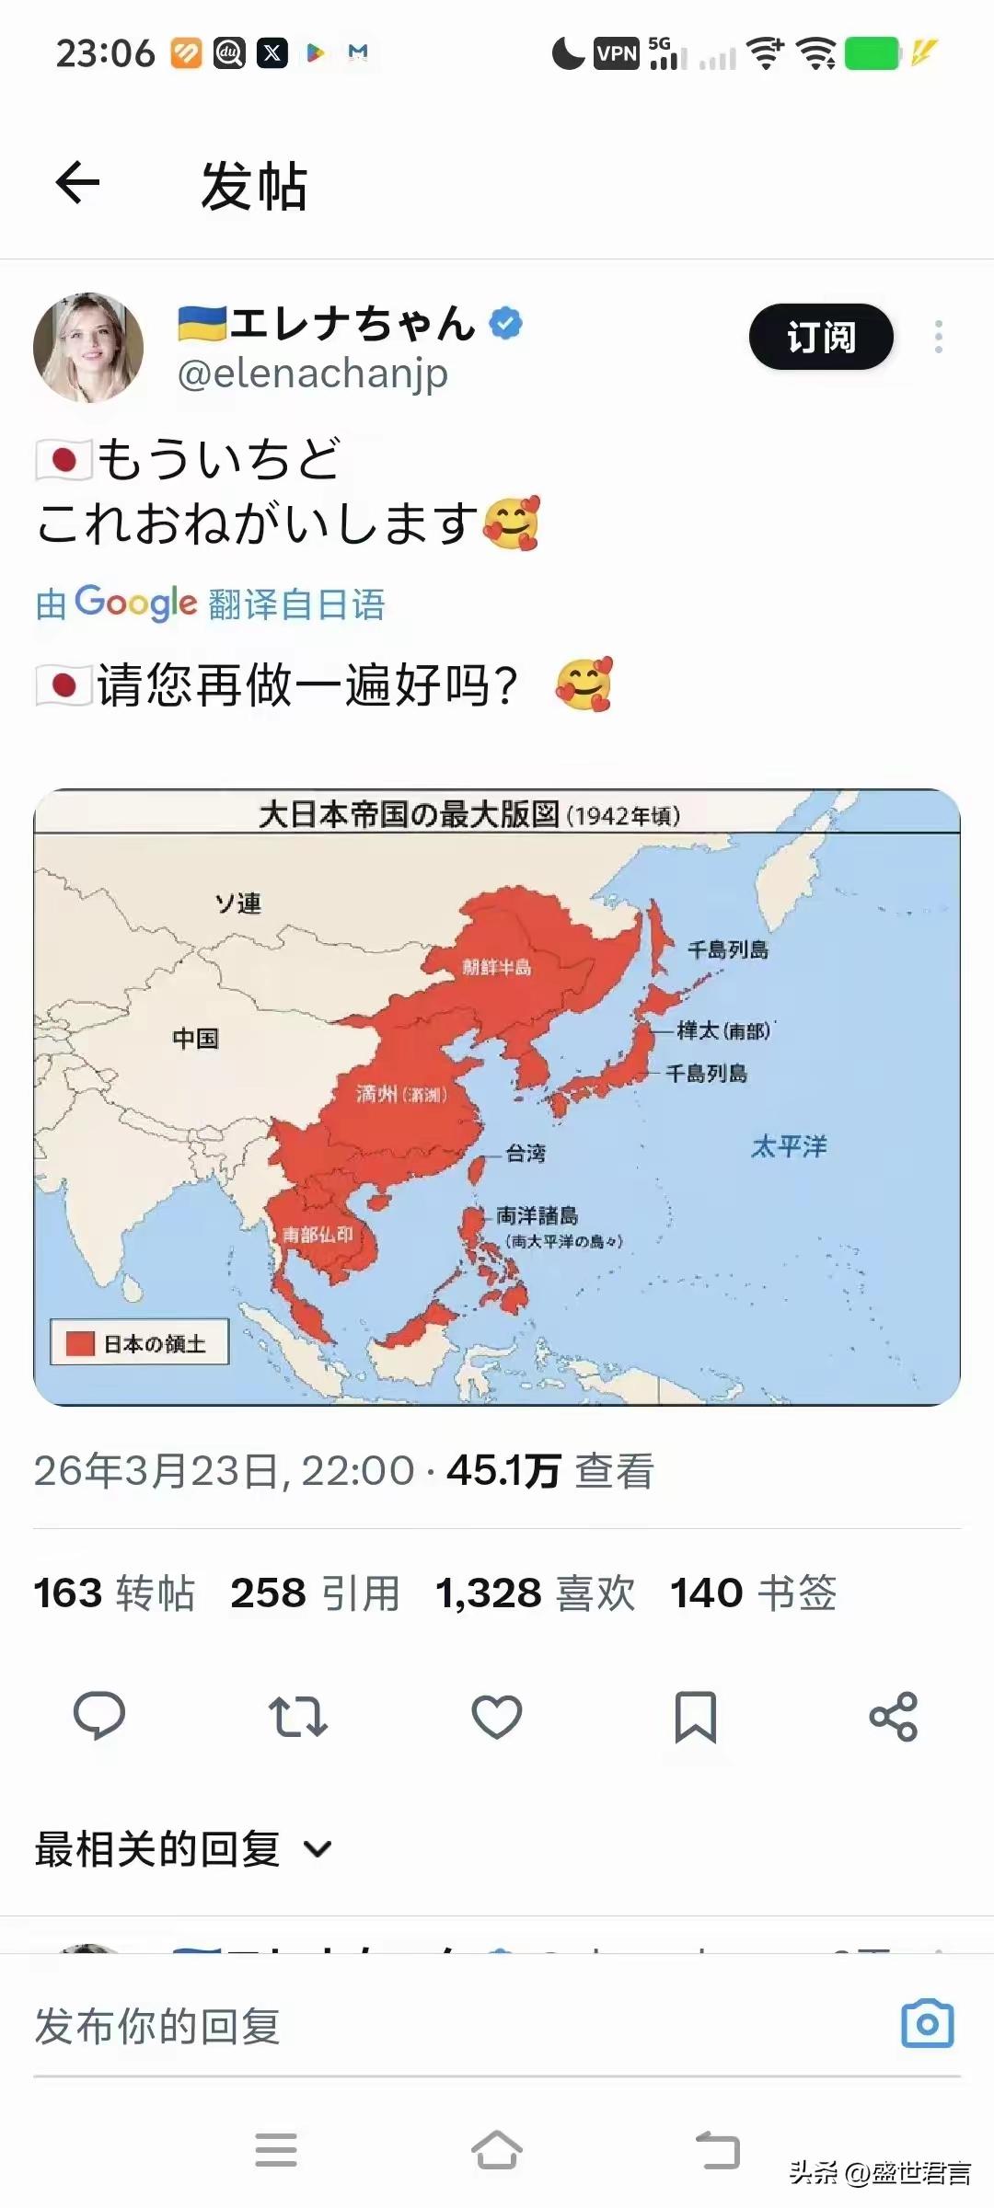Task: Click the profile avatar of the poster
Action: [88, 348]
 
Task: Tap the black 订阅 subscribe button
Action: [821, 337]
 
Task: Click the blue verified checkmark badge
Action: [505, 323]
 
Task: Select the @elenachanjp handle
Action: [312, 374]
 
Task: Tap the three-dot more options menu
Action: [938, 337]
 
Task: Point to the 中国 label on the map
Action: [195, 1039]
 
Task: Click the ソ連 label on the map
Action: [237, 903]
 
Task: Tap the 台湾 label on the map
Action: [526, 1153]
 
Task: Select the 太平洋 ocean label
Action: [789, 1146]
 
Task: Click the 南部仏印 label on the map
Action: [318, 1234]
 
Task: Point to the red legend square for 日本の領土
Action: [81, 1344]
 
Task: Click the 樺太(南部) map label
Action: [724, 1030]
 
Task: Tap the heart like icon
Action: [497, 1716]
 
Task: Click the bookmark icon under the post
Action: [696, 1716]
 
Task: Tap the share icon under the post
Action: [894, 1716]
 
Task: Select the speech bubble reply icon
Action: [99, 1716]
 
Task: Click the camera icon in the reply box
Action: [928, 2023]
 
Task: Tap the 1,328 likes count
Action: [489, 1593]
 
